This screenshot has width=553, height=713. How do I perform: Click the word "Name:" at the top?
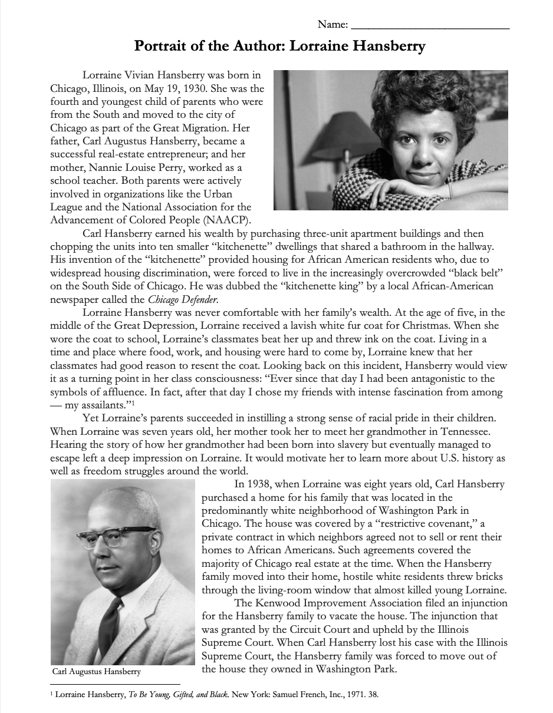tap(332, 25)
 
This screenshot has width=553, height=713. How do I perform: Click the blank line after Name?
tap(430, 27)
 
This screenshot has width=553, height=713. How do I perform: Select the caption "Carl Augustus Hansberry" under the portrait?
tap(97, 672)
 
